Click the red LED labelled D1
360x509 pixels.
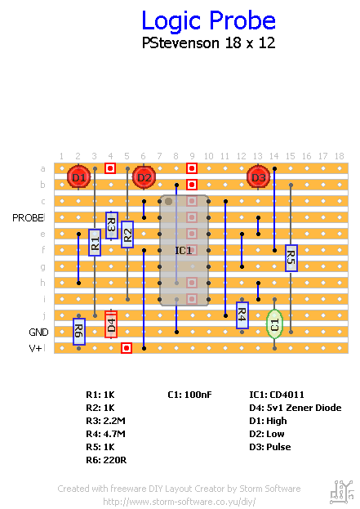point(79,177)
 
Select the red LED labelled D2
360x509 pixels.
point(144,177)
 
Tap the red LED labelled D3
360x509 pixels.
point(259,177)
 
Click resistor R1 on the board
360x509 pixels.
point(95,243)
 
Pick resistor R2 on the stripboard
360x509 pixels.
point(127,234)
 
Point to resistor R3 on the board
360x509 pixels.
point(111,225)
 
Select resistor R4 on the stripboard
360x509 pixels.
point(242,315)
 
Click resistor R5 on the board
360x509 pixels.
point(291,258)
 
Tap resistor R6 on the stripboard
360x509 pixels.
point(79,332)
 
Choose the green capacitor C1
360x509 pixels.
point(275,324)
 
